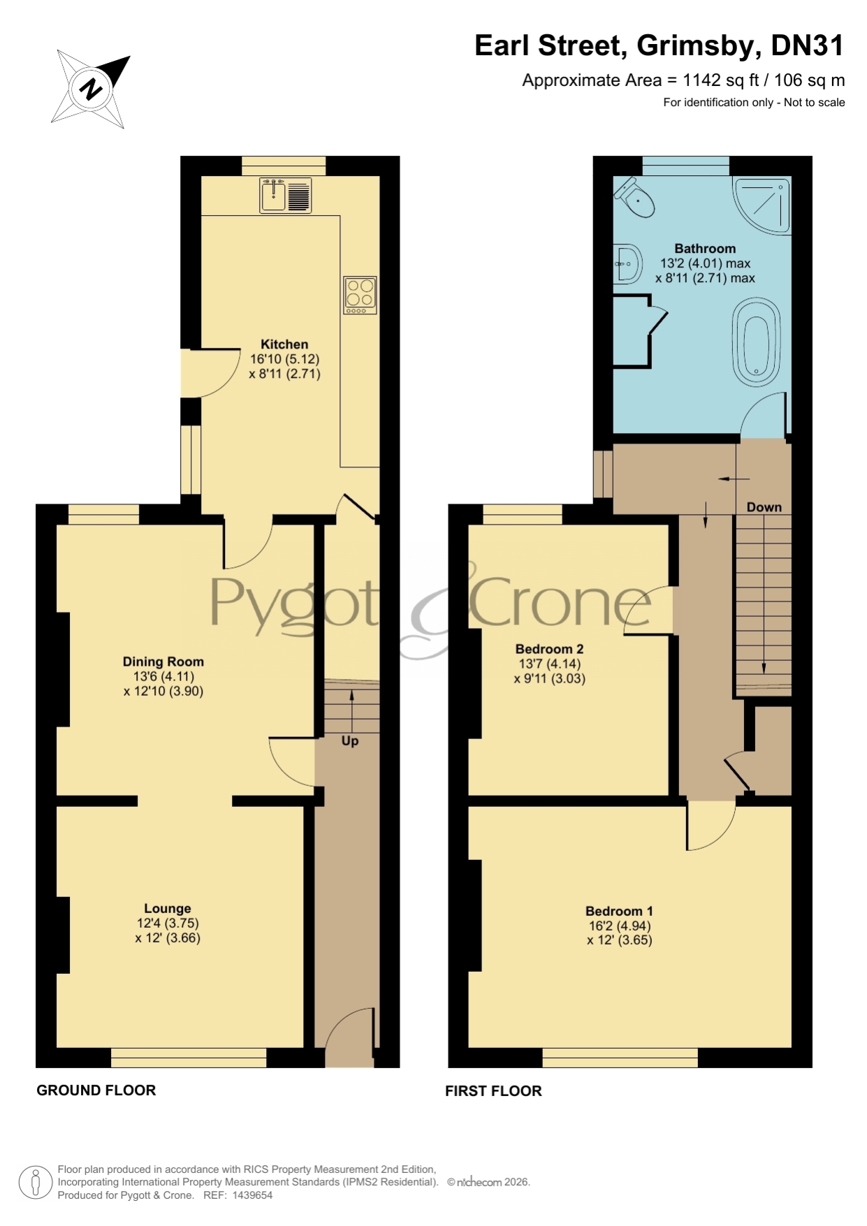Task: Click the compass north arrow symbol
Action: pyautogui.click(x=91, y=89)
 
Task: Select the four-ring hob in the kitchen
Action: pyautogui.click(x=360, y=295)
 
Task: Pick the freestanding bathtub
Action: pyautogui.click(x=756, y=342)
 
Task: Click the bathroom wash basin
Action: pyautogui.click(x=627, y=264)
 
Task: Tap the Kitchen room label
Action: pyautogui.click(x=284, y=344)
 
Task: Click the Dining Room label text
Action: pyautogui.click(x=163, y=662)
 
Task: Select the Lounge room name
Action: pyautogui.click(x=168, y=908)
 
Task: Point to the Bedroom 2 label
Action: pyautogui.click(x=549, y=649)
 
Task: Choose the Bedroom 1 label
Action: pyautogui.click(x=619, y=911)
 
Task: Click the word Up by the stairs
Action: pyautogui.click(x=350, y=740)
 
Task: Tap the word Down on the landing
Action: pyautogui.click(x=764, y=507)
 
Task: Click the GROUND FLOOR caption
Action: pyautogui.click(x=96, y=1090)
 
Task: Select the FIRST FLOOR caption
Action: pyautogui.click(x=493, y=1091)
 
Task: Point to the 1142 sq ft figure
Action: pyautogui.click(x=721, y=80)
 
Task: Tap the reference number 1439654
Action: pyautogui.click(x=252, y=1195)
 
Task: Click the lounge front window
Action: pyautogui.click(x=189, y=1058)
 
